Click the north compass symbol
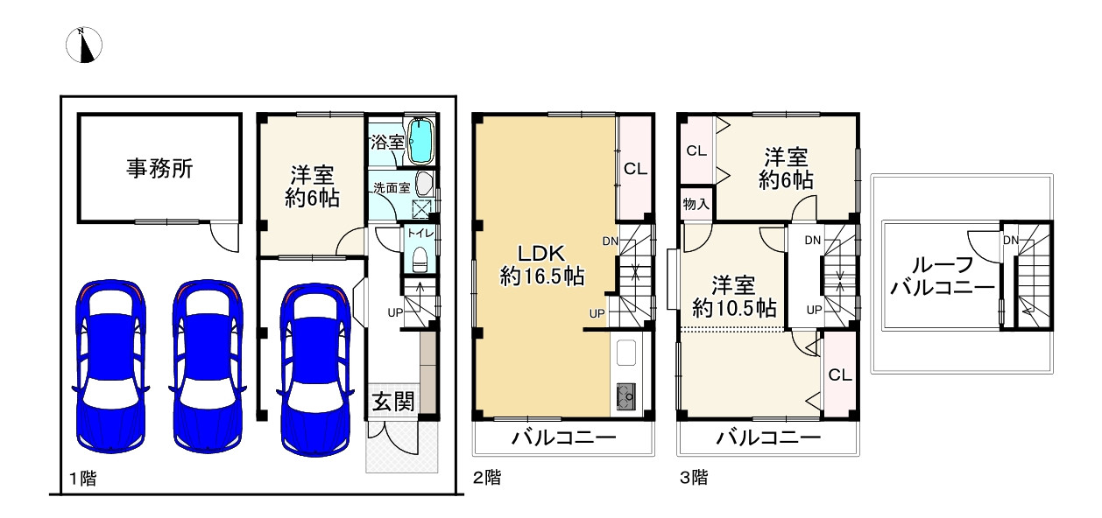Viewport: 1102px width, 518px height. (x=84, y=45)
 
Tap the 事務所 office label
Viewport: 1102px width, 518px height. (x=160, y=169)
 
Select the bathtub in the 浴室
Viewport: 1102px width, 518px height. (x=421, y=141)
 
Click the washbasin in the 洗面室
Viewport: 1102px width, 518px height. (x=424, y=185)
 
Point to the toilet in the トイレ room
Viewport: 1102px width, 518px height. (x=419, y=259)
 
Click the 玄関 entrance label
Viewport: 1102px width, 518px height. (x=393, y=402)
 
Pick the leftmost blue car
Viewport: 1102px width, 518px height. (x=110, y=366)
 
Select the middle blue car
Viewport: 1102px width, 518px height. (x=208, y=366)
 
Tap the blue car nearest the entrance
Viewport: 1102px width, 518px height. (x=315, y=368)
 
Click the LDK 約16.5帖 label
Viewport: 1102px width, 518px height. (x=542, y=264)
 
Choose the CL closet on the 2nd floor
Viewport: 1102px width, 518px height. (x=635, y=169)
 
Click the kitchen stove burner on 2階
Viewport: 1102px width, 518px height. (x=625, y=396)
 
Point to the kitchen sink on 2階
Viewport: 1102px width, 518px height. (x=625, y=353)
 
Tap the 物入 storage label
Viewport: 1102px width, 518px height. (x=696, y=204)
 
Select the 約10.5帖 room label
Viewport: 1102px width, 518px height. (x=734, y=297)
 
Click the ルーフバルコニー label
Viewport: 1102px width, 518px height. (x=943, y=276)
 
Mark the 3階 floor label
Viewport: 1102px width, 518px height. (x=694, y=477)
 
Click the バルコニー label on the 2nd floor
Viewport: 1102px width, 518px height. (x=564, y=437)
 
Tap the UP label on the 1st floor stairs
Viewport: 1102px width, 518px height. (x=395, y=312)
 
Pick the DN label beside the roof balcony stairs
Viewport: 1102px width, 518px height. (x=1011, y=241)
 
